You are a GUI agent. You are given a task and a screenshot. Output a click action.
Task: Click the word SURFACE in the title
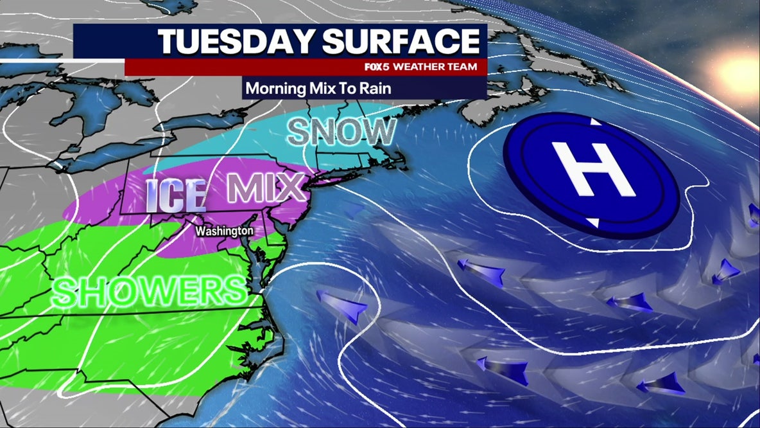[401, 41]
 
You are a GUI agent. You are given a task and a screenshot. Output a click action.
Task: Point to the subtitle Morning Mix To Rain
[318, 87]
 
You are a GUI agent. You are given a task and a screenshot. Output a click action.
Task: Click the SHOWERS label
[149, 291]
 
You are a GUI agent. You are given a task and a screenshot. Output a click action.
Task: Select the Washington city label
[224, 230]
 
